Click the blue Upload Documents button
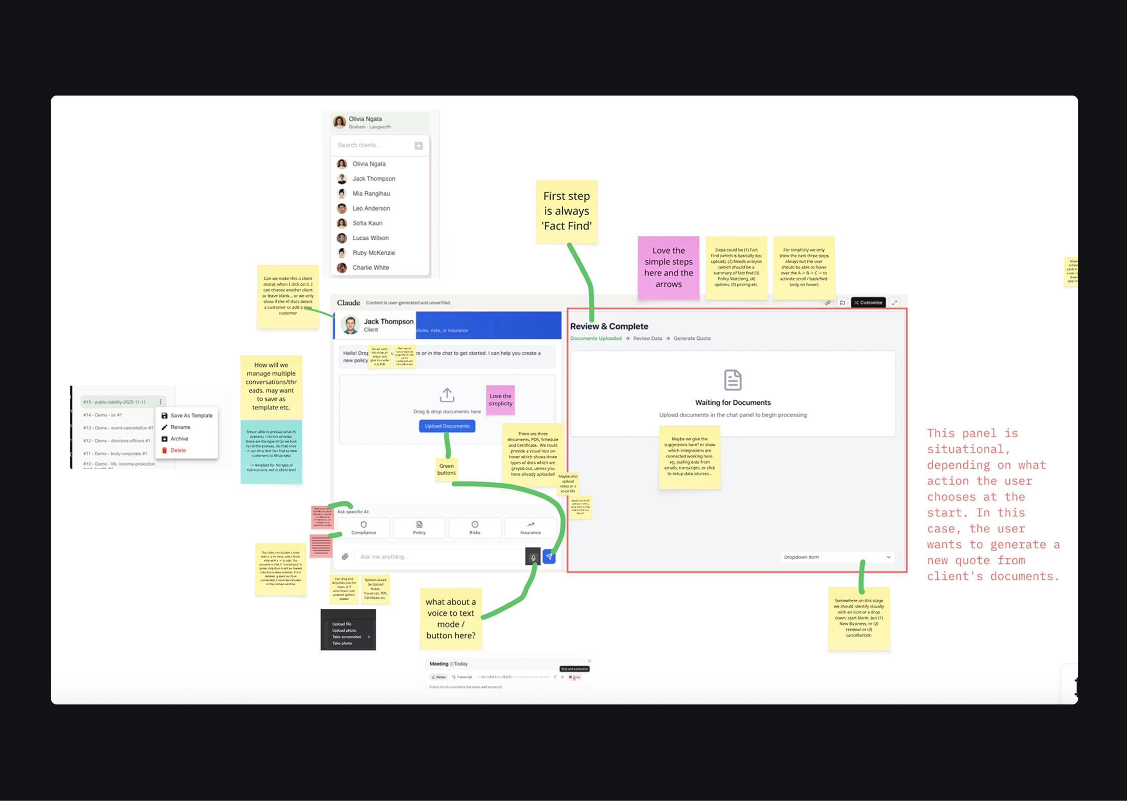click(447, 426)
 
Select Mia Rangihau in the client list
click(371, 193)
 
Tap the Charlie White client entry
click(370, 267)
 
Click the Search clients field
click(373, 145)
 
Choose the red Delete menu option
click(178, 450)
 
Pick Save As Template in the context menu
click(191, 416)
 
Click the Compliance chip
click(364, 528)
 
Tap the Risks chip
click(475, 528)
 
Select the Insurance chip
click(531, 528)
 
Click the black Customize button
click(868, 303)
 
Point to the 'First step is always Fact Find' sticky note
click(566, 211)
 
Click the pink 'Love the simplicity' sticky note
click(500, 400)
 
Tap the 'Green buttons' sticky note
click(446, 469)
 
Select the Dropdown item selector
click(837, 557)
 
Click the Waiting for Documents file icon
click(733, 380)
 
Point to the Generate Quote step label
click(692, 338)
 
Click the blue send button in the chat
click(549, 557)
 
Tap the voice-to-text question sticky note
click(451, 619)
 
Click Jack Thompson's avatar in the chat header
click(350, 325)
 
